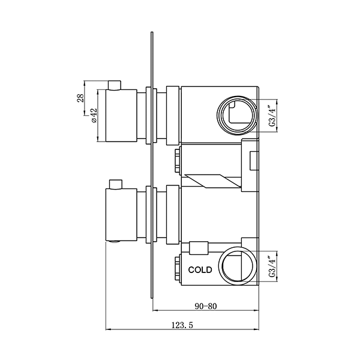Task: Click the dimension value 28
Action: click(80, 98)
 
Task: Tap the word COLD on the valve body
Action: click(199, 270)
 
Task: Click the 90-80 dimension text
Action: click(205, 305)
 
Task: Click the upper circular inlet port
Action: click(235, 114)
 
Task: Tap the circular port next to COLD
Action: click(237, 267)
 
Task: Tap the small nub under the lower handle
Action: click(114, 242)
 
